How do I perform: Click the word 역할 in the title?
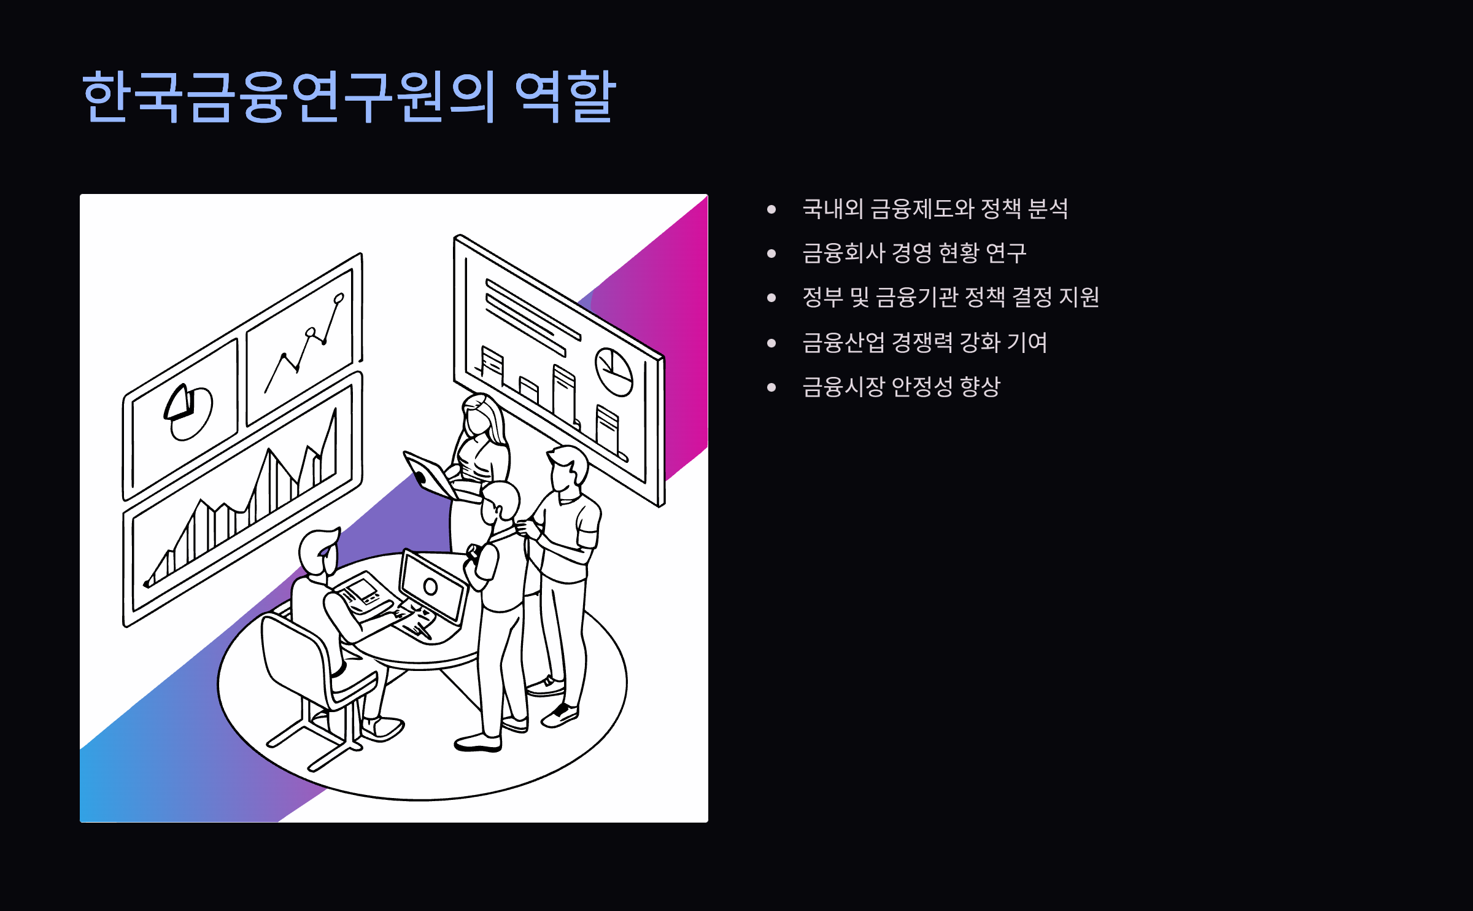pyautogui.click(x=565, y=96)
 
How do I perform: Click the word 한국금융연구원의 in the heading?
pyautogui.click(x=288, y=96)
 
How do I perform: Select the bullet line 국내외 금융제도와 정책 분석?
pyautogui.click(x=935, y=209)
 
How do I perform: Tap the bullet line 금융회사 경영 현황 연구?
pyautogui.click(x=914, y=253)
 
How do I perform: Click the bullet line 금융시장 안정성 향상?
pyautogui.click(x=901, y=387)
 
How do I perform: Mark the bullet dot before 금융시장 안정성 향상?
pyautogui.click(x=771, y=387)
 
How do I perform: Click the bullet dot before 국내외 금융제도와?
pyautogui.click(x=771, y=209)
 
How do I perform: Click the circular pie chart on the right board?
pyautogui.click(x=614, y=371)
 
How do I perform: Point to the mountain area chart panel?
pyautogui.click(x=245, y=503)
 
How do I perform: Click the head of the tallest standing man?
pyautogui.click(x=568, y=470)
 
